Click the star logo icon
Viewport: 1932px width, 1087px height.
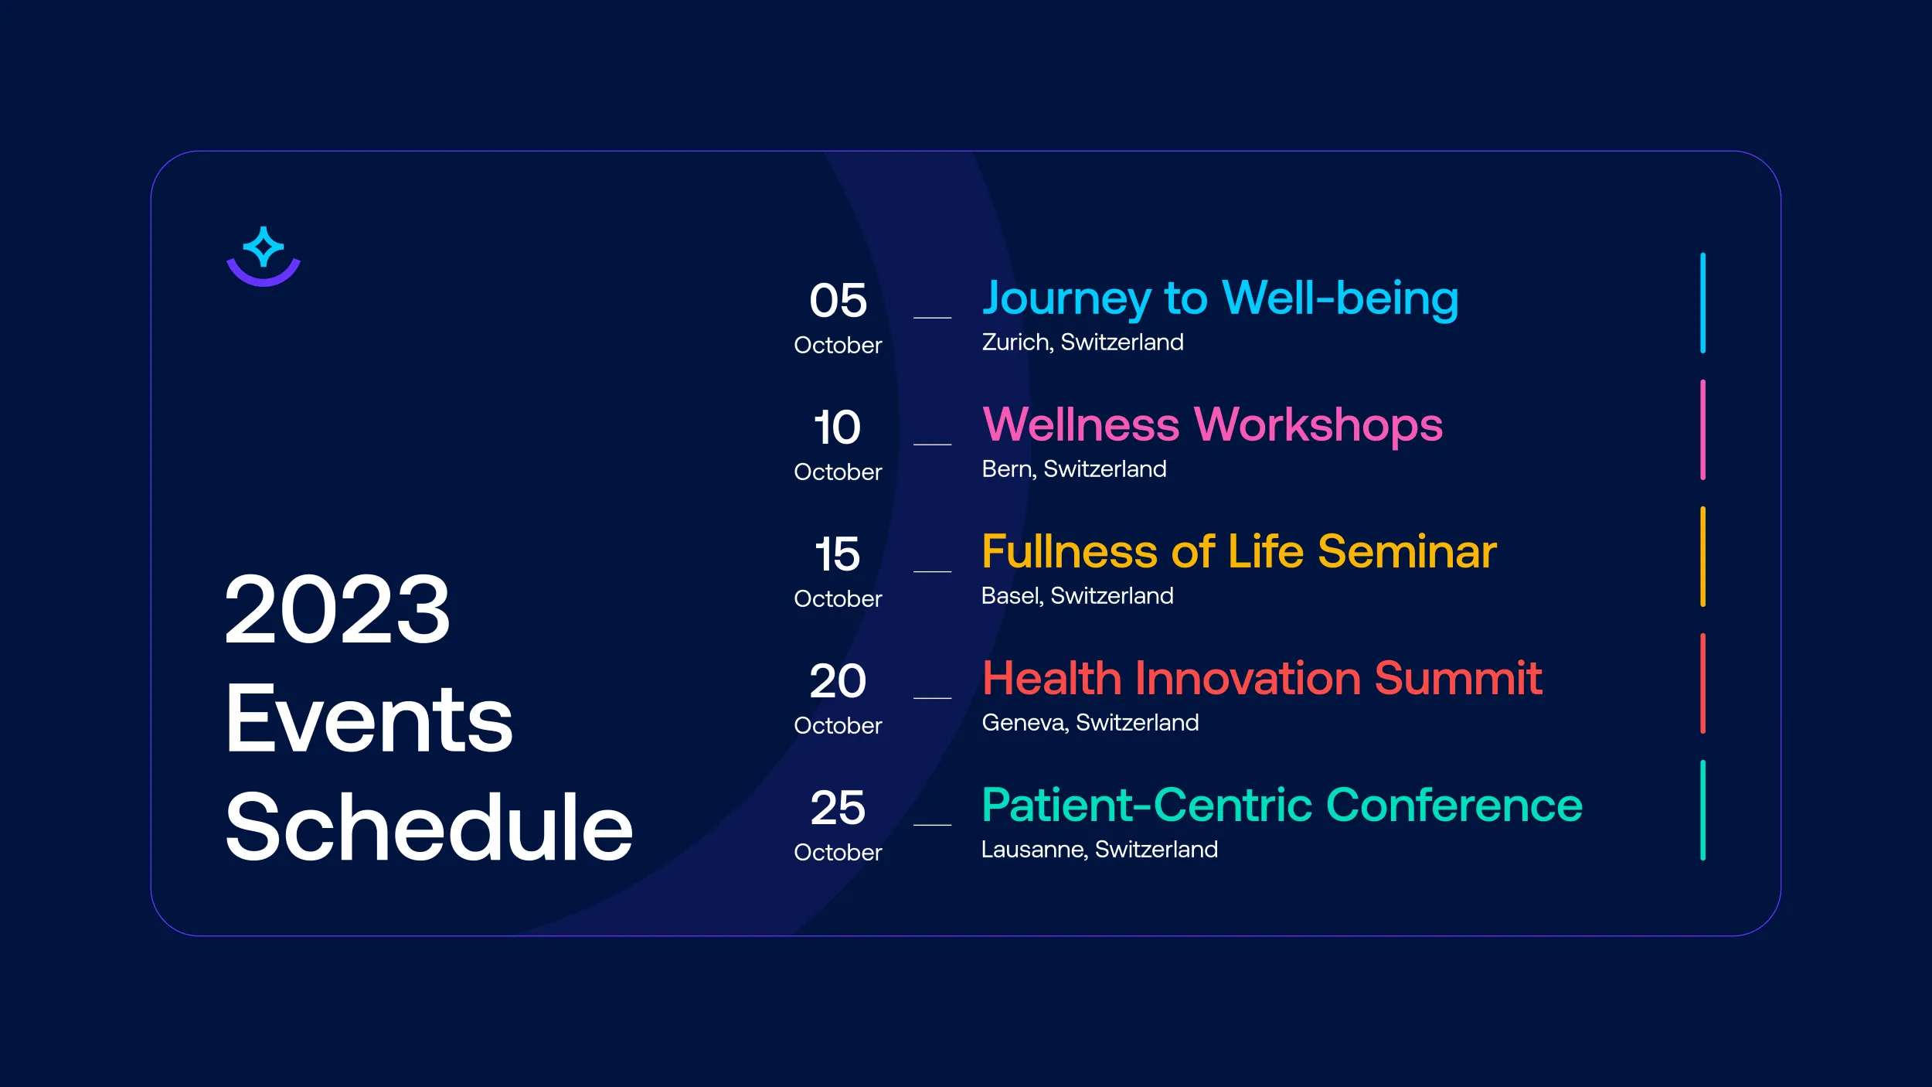click(x=264, y=256)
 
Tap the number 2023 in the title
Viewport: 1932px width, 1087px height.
click(x=338, y=609)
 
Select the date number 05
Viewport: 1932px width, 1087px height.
click(x=838, y=300)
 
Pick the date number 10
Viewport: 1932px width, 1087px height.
click(x=838, y=427)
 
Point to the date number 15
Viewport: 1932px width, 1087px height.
click(x=838, y=554)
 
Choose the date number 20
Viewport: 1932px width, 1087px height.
click(x=838, y=680)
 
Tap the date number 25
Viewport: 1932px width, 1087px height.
click(x=838, y=807)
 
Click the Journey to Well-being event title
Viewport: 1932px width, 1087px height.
click(x=1220, y=299)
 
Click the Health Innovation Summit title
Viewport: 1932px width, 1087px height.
click(x=1262, y=678)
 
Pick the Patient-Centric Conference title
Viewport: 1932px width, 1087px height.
click(x=1282, y=805)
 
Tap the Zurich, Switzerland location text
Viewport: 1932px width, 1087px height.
click(x=1083, y=342)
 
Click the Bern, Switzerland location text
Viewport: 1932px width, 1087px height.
click(x=1074, y=469)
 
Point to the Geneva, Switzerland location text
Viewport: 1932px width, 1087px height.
click(x=1090, y=722)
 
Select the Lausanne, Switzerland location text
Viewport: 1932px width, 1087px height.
click(x=1100, y=849)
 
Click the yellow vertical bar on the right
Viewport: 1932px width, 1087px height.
click(x=1702, y=557)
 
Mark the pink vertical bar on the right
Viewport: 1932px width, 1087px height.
click(x=1702, y=430)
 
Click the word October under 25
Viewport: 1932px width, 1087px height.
click(x=838, y=852)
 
